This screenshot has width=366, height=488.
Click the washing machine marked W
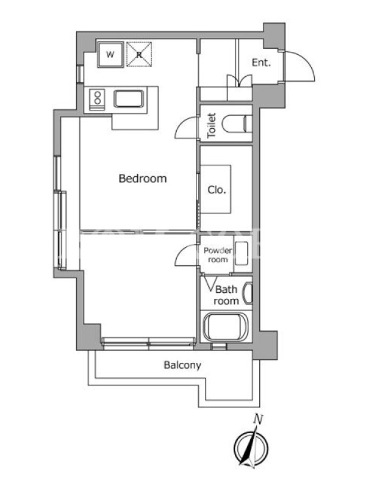[110, 54]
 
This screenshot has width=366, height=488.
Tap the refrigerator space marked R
[139, 54]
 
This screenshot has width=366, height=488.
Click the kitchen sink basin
[129, 99]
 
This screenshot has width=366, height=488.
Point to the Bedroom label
[143, 178]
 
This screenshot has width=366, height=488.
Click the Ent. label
[261, 63]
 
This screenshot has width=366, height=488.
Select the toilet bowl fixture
[237, 124]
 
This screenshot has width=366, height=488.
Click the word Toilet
[212, 125]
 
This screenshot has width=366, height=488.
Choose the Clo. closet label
[217, 190]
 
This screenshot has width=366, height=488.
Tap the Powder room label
[218, 255]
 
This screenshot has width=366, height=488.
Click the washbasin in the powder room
[241, 253]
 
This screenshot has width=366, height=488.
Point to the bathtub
[226, 328]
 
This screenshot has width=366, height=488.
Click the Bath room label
[226, 295]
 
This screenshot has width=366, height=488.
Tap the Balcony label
[182, 365]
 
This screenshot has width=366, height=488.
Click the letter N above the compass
[258, 419]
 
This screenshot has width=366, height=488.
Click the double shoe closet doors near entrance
[239, 80]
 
